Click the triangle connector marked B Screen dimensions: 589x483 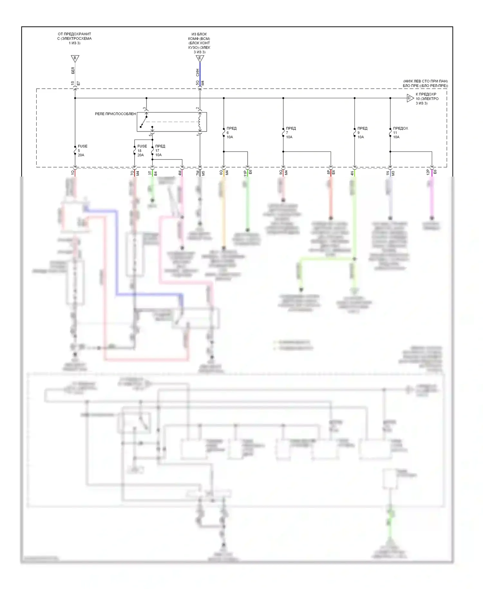(x=75, y=58)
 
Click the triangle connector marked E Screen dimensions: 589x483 (x=200, y=58)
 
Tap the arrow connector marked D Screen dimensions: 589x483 (x=410, y=98)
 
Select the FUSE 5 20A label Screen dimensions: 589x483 (x=82, y=150)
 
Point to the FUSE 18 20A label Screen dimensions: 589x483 (x=142, y=150)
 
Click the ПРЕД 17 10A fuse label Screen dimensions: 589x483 (x=160, y=150)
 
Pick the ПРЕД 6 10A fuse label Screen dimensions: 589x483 (x=231, y=132)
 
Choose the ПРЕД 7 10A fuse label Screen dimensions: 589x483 (x=290, y=132)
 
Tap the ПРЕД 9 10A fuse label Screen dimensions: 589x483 (x=362, y=132)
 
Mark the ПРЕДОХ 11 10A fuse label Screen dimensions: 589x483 (x=400, y=132)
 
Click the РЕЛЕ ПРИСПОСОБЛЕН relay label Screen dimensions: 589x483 (x=115, y=114)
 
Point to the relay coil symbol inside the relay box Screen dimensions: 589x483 (x=200, y=122)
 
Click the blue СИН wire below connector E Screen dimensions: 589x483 (x=200, y=72)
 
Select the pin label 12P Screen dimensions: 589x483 (x=428, y=172)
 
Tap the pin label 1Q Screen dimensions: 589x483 (x=72, y=173)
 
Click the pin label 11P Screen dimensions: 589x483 (x=245, y=173)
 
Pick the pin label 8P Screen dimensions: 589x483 (x=328, y=172)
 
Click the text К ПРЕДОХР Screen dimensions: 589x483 (x=426, y=94)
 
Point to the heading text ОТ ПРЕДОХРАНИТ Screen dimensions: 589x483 (x=74, y=34)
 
